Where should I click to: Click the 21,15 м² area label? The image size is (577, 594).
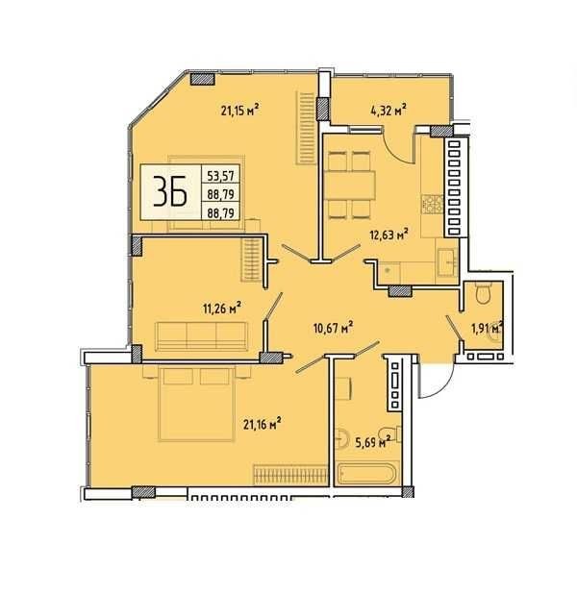click(240, 111)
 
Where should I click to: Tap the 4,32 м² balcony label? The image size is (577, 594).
click(389, 111)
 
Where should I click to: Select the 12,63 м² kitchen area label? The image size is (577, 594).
click(389, 235)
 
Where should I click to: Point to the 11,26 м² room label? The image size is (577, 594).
click(222, 308)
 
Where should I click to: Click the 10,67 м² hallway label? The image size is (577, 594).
click(334, 328)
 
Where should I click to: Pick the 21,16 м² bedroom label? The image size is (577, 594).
click(263, 424)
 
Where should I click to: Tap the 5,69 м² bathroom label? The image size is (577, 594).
click(373, 442)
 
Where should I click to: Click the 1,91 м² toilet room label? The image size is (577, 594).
click(488, 328)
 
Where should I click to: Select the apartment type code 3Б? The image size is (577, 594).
click(170, 191)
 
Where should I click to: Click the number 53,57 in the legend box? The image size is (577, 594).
click(220, 176)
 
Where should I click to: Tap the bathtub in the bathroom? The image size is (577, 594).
click(366, 473)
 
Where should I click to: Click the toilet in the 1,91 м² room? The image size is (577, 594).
click(484, 294)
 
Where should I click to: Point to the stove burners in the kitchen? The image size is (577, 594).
click(433, 205)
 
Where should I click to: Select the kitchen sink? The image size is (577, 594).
click(447, 261)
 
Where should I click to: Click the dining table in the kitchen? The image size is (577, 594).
click(350, 185)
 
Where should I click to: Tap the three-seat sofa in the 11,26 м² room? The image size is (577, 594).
click(201, 336)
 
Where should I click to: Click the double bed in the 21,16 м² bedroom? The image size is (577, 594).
click(196, 404)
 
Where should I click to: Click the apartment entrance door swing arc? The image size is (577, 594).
click(442, 387)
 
